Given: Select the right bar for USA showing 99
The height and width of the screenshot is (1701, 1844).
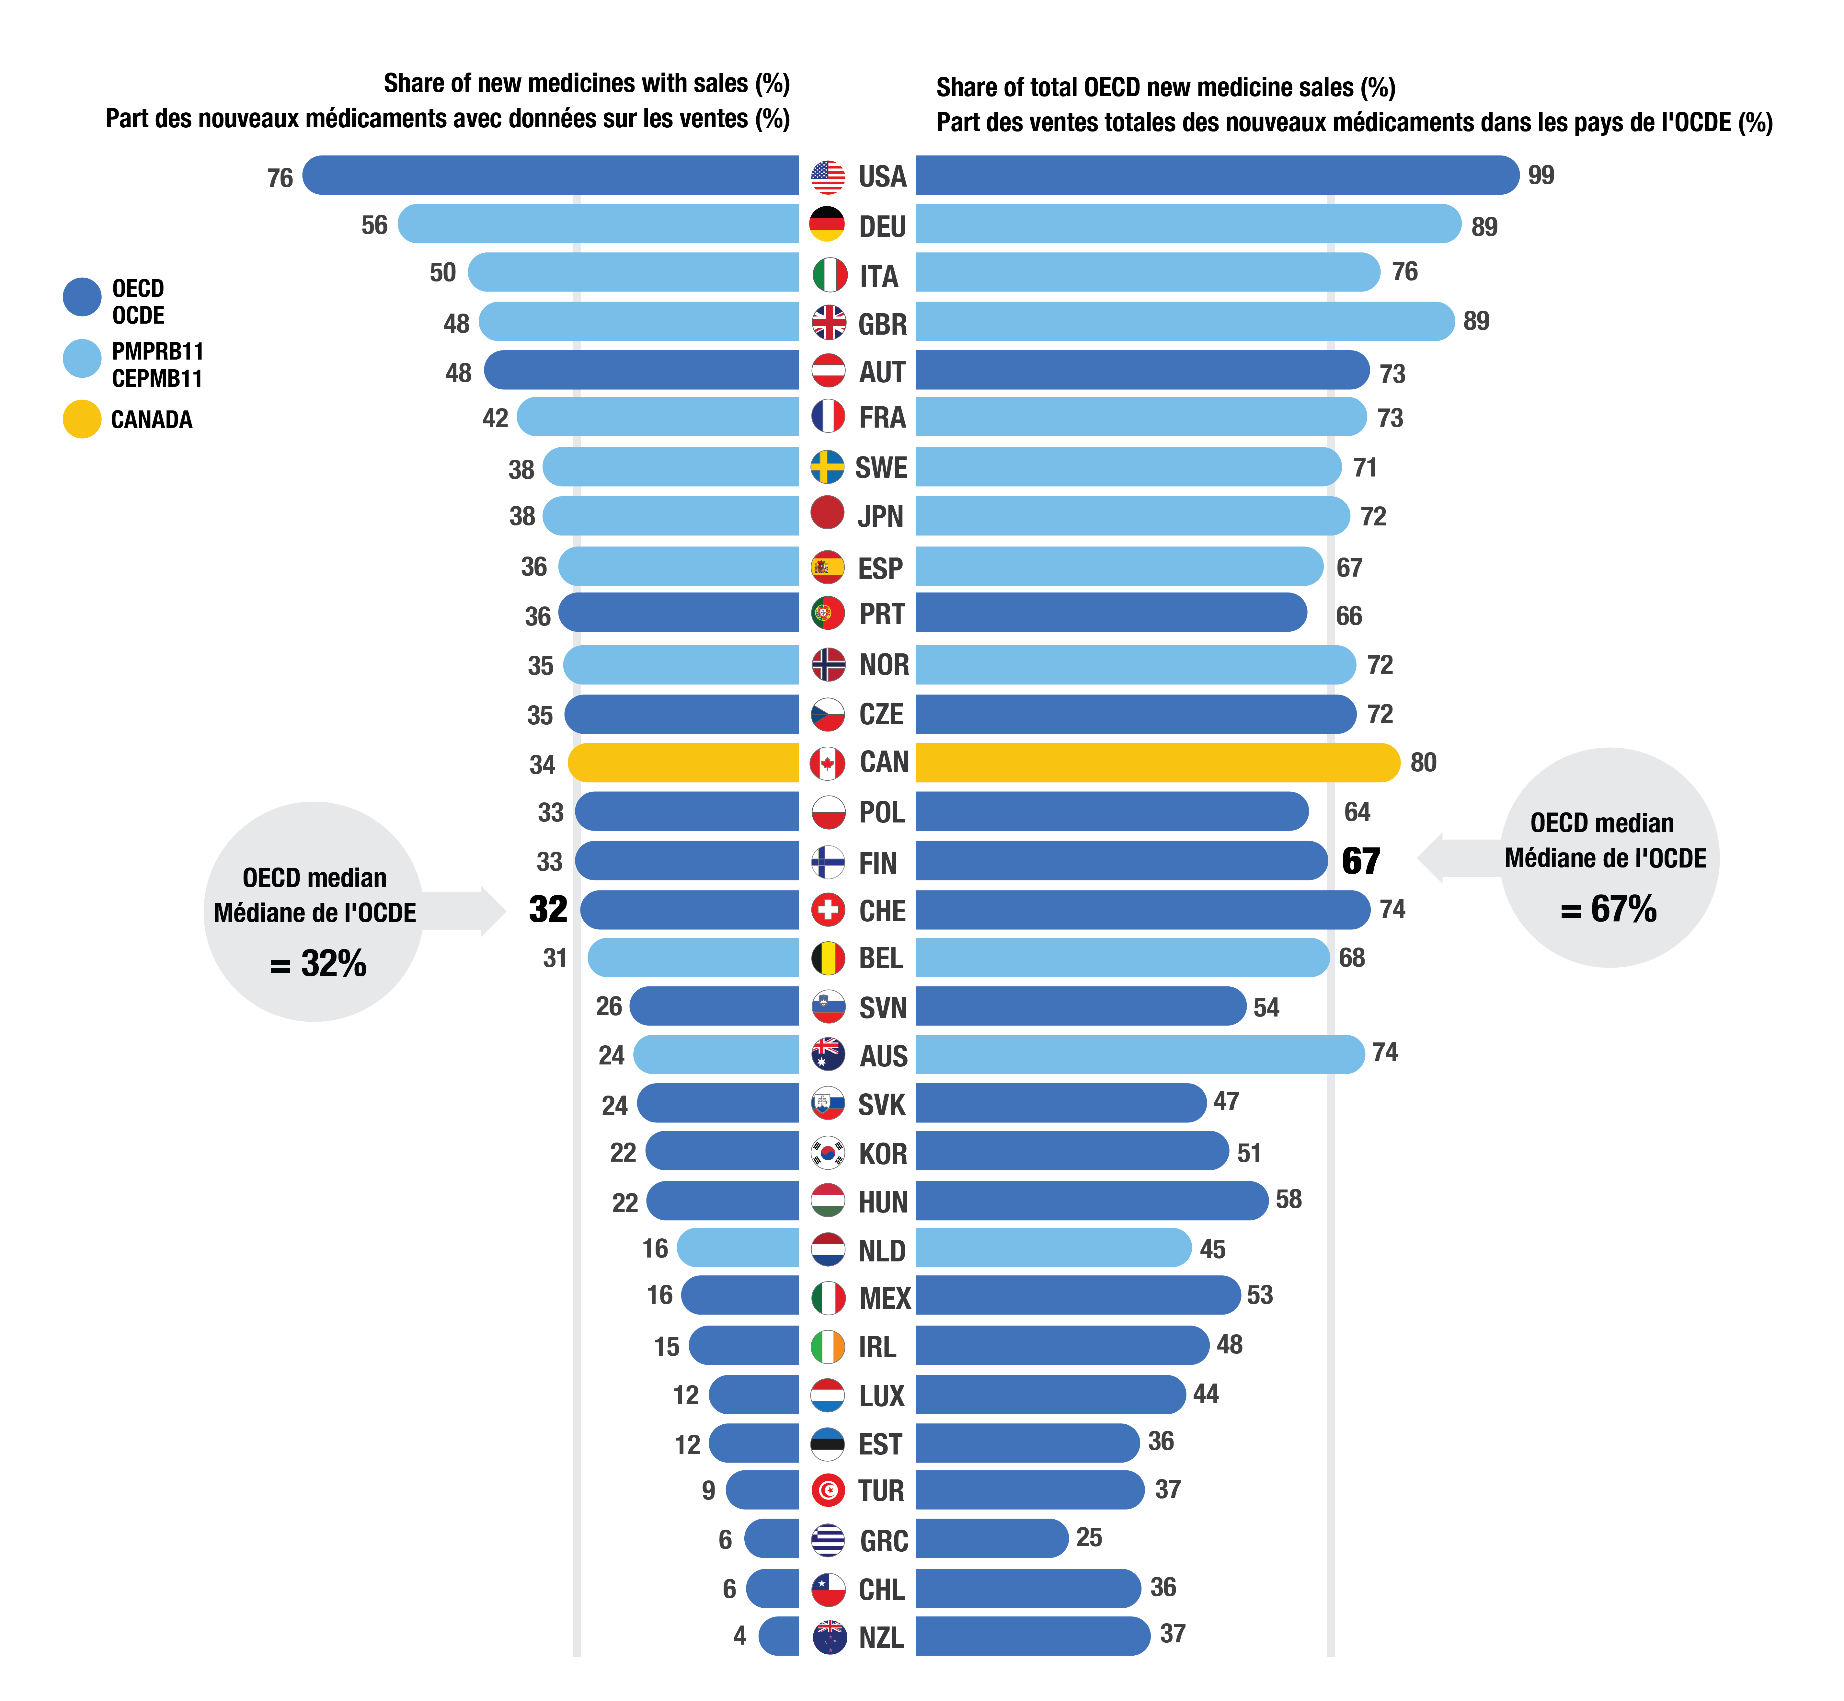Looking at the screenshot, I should (1217, 175).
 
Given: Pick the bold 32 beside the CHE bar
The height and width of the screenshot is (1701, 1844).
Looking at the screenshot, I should (548, 909).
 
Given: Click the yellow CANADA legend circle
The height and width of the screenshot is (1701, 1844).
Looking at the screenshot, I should (82, 419).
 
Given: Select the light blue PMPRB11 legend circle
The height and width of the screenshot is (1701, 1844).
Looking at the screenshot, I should (82, 358).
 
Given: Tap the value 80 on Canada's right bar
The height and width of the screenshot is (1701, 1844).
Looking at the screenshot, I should (1423, 762).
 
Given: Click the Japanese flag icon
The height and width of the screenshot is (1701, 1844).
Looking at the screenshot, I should (827, 513).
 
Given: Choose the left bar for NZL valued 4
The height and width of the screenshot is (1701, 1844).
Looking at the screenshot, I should (779, 1636).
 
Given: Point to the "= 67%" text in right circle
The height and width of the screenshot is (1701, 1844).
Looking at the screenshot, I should (1609, 909).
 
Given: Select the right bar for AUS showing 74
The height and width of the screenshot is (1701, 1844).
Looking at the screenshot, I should (1139, 1054).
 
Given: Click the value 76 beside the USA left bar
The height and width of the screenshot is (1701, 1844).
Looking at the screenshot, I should (280, 178).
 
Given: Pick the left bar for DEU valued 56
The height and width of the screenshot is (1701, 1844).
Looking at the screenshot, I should (598, 224).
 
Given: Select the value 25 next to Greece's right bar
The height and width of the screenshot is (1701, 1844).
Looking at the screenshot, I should (1089, 1537).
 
